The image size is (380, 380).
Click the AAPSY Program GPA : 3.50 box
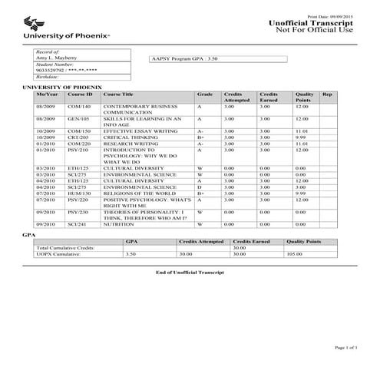[x=217, y=58]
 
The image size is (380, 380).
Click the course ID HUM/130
[x=78, y=193]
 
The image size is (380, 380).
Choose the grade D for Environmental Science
[x=199, y=187]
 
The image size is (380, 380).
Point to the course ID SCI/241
[x=78, y=223]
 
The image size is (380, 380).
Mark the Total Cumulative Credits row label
[x=66, y=247]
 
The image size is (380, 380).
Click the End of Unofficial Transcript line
[x=189, y=273]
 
